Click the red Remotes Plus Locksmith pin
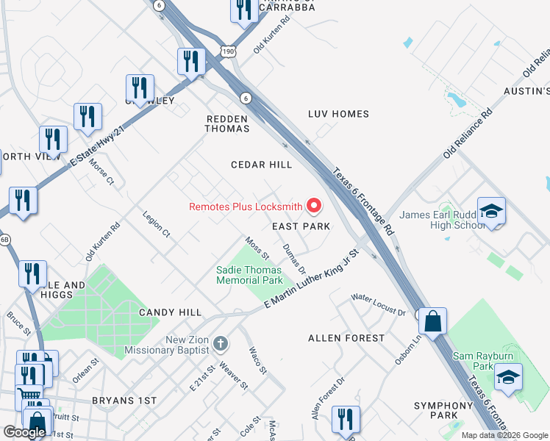[315, 206]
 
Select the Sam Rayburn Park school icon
[509, 377]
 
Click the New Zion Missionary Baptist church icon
[220, 344]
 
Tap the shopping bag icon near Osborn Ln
[434, 320]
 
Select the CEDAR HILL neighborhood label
[261, 165]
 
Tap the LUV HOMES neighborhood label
[338, 114]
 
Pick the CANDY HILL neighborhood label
[170, 312]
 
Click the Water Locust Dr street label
[378, 304]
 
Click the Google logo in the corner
[24, 432]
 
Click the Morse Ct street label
[101, 172]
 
